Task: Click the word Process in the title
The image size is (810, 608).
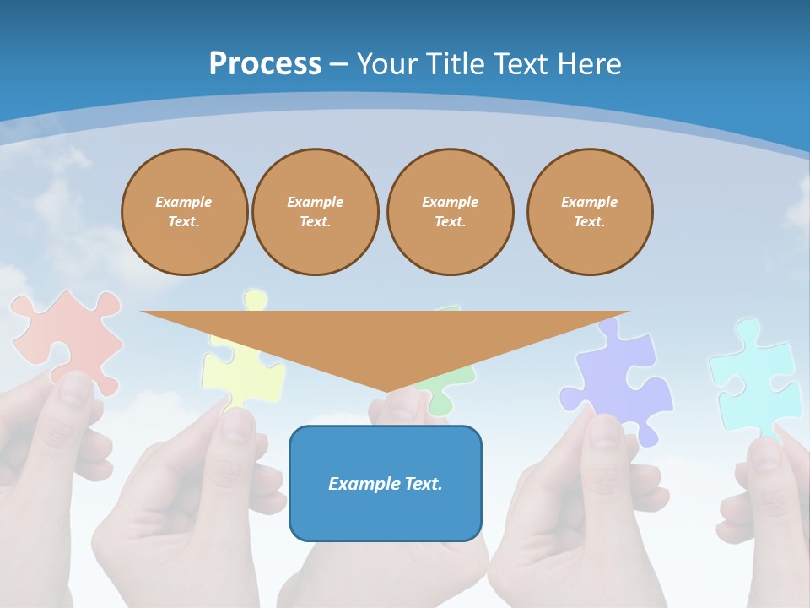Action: click(x=265, y=64)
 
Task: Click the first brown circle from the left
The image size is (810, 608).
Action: click(x=185, y=212)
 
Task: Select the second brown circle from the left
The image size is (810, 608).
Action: click(x=316, y=212)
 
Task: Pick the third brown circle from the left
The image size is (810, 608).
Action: click(x=451, y=212)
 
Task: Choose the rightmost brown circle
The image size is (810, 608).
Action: click(x=590, y=212)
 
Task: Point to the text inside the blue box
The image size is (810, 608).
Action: click(x=386, y=484)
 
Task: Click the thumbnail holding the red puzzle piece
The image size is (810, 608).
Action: click(x=76, y=388)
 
